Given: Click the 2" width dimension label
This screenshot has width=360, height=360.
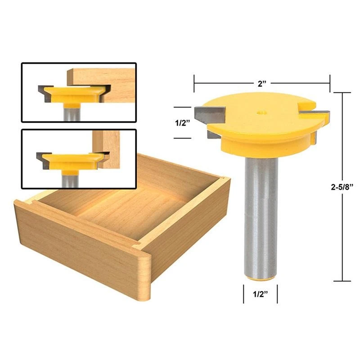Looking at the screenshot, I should pos(261,83).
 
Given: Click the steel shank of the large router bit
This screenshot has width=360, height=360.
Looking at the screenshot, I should pos(261,216).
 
